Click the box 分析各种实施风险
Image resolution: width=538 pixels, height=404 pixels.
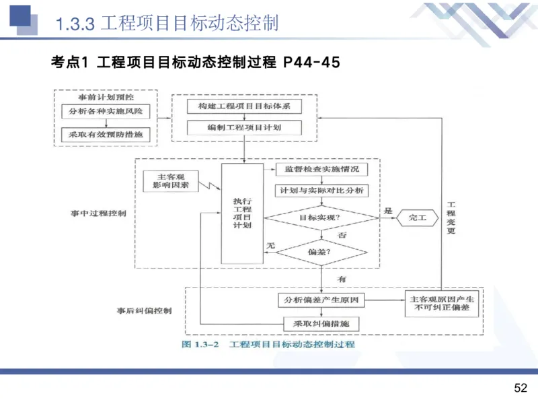105,110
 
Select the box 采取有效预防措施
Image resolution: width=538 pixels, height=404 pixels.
105,134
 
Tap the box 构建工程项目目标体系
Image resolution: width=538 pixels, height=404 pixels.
244,107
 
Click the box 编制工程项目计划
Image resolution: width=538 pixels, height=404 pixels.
244,128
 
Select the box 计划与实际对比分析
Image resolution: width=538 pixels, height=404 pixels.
322,191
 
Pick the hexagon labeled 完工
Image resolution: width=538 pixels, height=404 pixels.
417,217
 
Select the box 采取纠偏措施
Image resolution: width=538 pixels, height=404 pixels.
322,324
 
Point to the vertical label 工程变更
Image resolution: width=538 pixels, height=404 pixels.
452,217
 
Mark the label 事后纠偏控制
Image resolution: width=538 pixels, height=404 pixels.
144,311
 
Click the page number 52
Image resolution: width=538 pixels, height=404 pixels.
520,389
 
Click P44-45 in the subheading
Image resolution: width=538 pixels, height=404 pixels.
312,63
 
